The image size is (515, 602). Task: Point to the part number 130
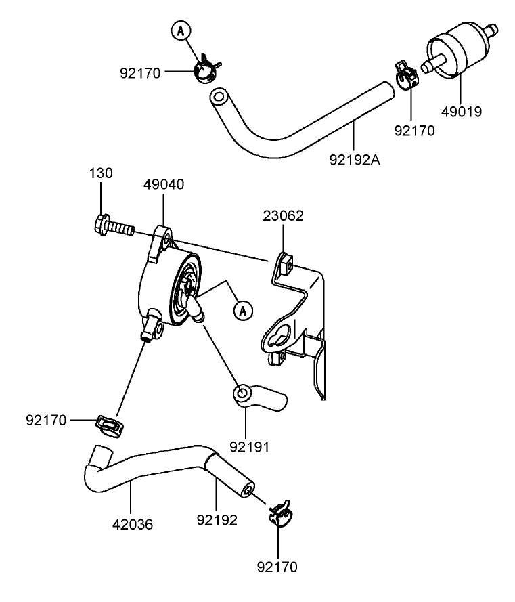click(101, 173)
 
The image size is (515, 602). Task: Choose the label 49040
click(163, 184)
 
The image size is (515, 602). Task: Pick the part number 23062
click(283, 216)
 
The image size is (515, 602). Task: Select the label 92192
click(217, 521)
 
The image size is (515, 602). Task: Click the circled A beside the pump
click(242, 310)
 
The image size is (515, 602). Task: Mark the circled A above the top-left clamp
click(180, 30)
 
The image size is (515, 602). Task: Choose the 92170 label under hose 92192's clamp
click(277, 566)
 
